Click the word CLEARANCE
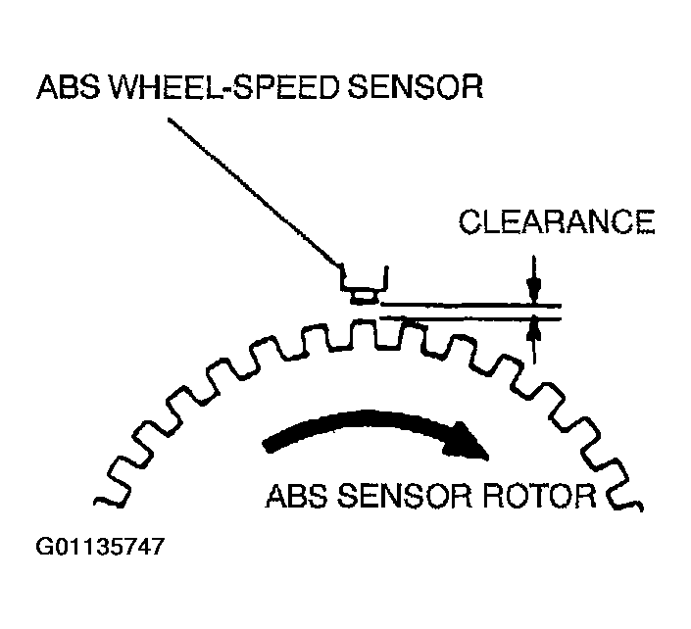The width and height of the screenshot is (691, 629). [556, 224]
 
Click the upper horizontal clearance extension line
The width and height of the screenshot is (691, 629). [470, 305]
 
